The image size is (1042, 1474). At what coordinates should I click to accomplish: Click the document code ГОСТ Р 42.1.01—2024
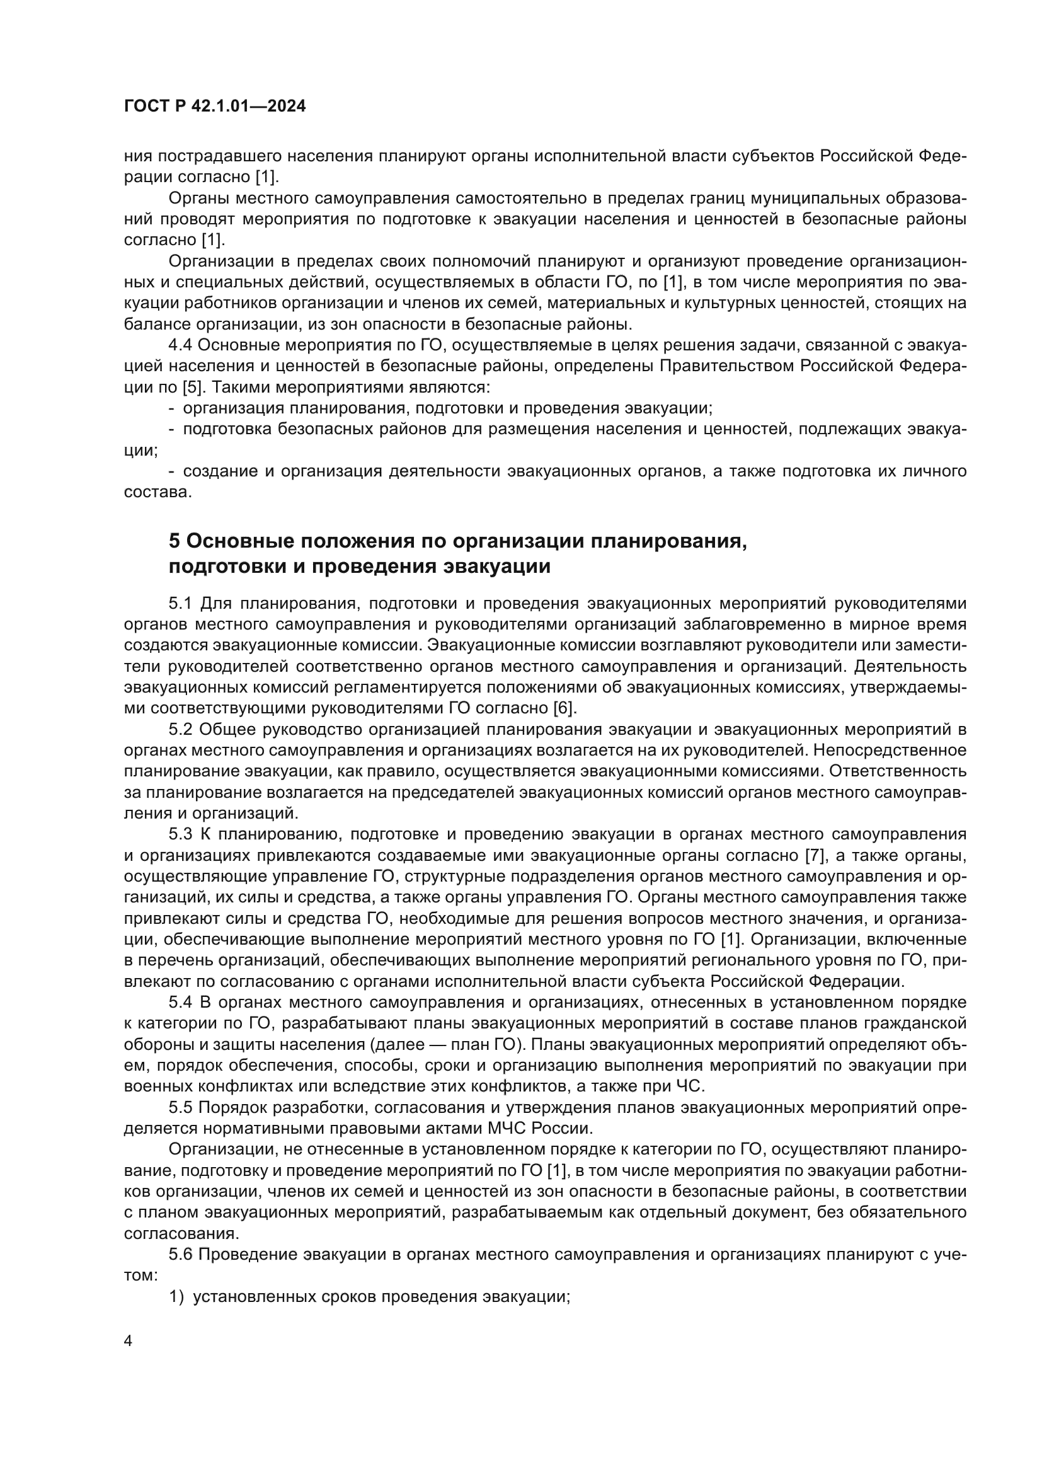(214, 107)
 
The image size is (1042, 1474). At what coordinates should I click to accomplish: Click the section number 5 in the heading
(175, 541)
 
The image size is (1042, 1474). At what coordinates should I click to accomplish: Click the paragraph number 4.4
(180, 345)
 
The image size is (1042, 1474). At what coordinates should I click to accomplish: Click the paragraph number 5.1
(180, 604)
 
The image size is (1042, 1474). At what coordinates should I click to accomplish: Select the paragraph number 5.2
(180, 729)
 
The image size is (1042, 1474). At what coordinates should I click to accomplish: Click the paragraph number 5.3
(180, 834)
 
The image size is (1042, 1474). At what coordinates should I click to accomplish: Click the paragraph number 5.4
(180, 1002)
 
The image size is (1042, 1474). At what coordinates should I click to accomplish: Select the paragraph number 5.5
(180, 1107)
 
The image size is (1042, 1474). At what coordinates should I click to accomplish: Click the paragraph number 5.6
(180, 1255)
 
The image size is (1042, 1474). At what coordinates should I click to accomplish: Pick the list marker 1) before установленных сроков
(176, 1296)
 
